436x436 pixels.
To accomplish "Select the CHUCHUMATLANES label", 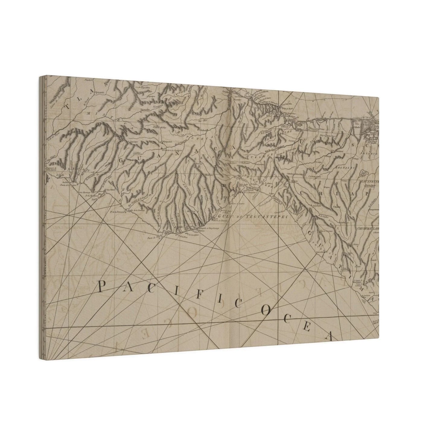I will tap(366, 228).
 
